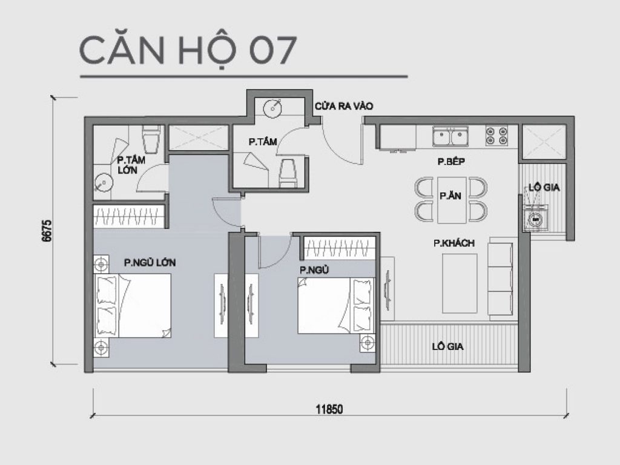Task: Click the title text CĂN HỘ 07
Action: pyautogui.click(x=188, y=51)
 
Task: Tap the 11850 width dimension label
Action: pyautogui.click(x=329, y=409)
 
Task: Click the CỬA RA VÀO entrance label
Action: pyautogui.click(x=342, y=107)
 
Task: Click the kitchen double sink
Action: pyautogui.click(x=450, y=137)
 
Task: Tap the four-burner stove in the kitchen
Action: pyautogui.click(x=496, y=136)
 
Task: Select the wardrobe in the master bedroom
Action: pyautogui.click(x=129, y=215)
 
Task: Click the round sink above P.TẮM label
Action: pyautogui.click(x=273, y=108)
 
